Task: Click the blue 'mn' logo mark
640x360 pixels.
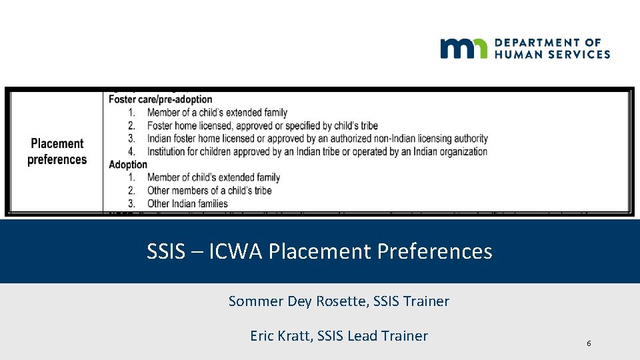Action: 464,49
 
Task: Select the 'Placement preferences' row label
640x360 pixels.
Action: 57,151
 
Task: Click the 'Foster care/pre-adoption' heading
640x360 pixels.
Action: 160,100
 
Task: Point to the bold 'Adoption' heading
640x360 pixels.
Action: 128,165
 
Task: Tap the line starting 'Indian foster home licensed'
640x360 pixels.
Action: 317,139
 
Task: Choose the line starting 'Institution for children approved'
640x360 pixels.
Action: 317,151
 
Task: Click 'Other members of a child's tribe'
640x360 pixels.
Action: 209,191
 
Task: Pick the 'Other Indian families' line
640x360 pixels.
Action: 187,203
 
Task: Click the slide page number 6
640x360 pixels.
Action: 589,343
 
